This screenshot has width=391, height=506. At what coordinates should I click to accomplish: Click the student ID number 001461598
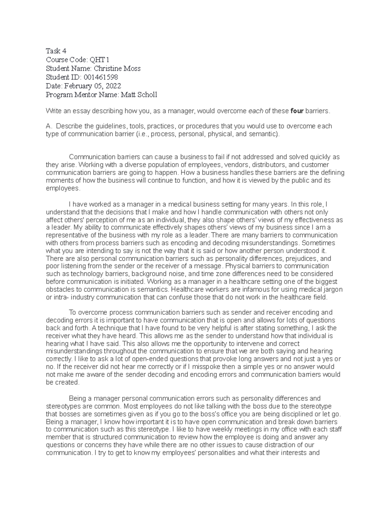101,77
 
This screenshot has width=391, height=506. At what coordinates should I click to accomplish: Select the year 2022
112,86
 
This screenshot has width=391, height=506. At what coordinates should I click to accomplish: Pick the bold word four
297,111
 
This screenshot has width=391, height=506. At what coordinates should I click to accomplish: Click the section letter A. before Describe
49,126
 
